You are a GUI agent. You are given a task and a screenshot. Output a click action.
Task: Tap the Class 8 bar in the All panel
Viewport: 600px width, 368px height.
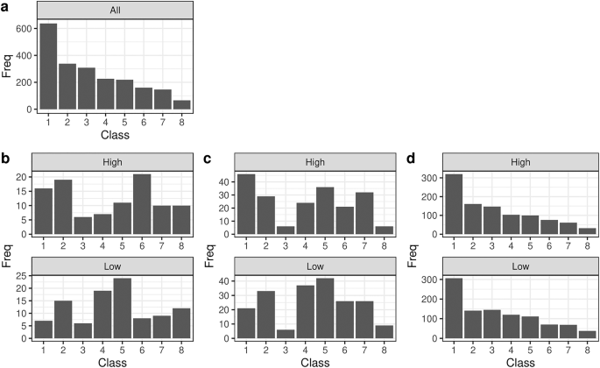(181, 104)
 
